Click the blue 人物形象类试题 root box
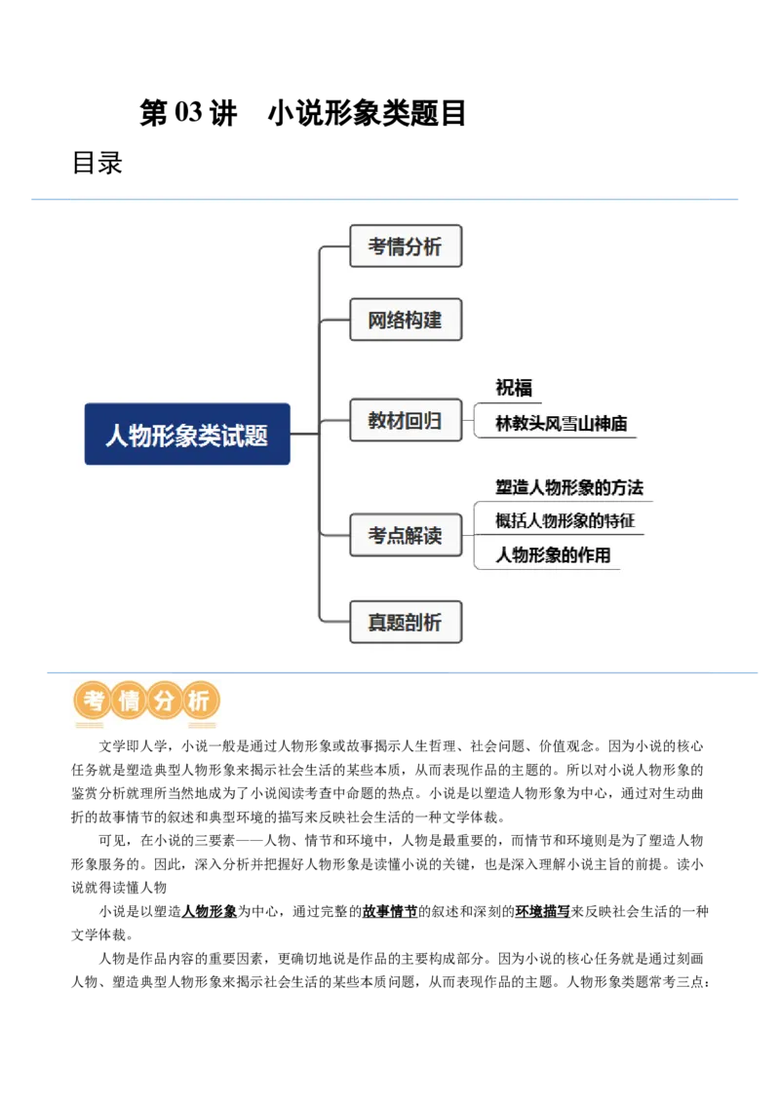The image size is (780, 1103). point(187,434)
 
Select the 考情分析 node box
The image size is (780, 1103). point(405,247)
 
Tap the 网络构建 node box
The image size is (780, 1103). point(405,320)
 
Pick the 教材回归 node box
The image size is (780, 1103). point(405,421)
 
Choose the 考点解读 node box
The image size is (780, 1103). point(405,535)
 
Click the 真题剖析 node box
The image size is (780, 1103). point(405,623)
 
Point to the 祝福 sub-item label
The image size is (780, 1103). point(514,388)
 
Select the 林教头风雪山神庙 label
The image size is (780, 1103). point(561,424)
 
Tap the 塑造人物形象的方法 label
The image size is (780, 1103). point(569,487)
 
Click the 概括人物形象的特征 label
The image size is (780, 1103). point(565,520)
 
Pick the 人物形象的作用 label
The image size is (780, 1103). point(553,555)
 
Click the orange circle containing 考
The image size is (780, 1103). point(93,701)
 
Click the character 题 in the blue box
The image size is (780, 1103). point(256,436)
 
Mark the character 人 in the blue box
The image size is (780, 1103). point(117,436)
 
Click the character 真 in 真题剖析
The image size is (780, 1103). point(377,623)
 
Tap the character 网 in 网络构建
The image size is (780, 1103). point(377,320)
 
